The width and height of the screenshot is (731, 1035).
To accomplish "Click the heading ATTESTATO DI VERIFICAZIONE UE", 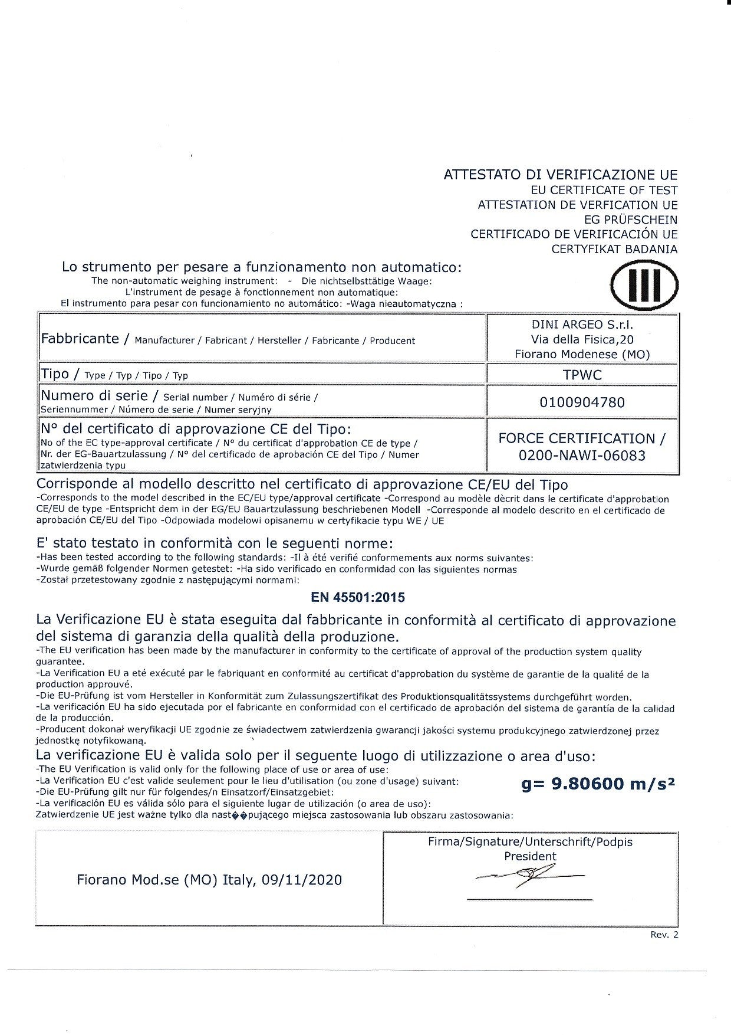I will pyautogui.click(x=560, y=175).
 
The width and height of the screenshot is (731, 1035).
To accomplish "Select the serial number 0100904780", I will pyautogui.click(x=582, y=402).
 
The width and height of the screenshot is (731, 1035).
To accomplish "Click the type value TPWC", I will pyautogui.click(x=582, y=375).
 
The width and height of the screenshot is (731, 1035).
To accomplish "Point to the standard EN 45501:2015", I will pyautogui.click(x=358, y=597).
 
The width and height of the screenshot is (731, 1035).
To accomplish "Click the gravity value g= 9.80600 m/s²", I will pyautogui.click(x=598, y=784).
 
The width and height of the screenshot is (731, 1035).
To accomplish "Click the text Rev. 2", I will pyautogui.click(x=664, y=935).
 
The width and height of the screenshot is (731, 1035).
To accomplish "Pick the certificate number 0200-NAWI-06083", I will pyautogui.click(x=582, y=456).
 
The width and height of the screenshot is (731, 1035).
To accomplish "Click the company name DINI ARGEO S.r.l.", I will pyautogui.click(x=582, y=325).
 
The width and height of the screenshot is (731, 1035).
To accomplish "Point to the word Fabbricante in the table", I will pyautogui.click(x=80, y=339).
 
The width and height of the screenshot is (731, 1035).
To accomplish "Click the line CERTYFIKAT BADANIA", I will pyautogui.click(x=614, y=249).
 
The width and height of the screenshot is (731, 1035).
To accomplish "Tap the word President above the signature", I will pyautogui.click(x=530, y=856).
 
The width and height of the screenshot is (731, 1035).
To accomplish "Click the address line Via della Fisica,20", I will pyautogui.click(x=582, y=339).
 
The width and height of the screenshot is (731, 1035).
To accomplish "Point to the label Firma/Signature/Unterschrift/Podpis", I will pyautogui.click(x=530, y=842).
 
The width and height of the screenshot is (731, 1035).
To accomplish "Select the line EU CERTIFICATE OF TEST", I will pyautogui.click(x=604, y=190).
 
